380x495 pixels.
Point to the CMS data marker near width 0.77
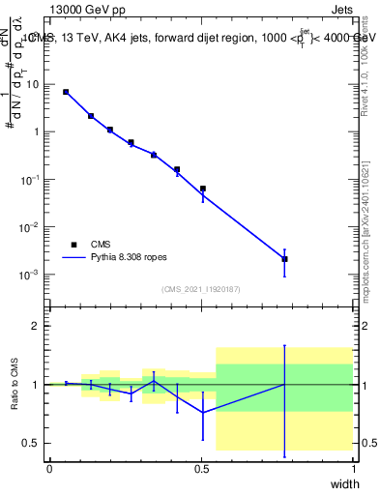284,259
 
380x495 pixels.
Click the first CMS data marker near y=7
66,92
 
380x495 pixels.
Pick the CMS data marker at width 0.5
202,189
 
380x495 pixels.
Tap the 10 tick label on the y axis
33,84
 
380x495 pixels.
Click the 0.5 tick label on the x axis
201,469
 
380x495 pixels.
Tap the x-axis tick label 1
354,469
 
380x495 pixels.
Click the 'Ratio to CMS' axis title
15,401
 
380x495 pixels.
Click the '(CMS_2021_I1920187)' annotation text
200,288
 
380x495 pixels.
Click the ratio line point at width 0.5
202,412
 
